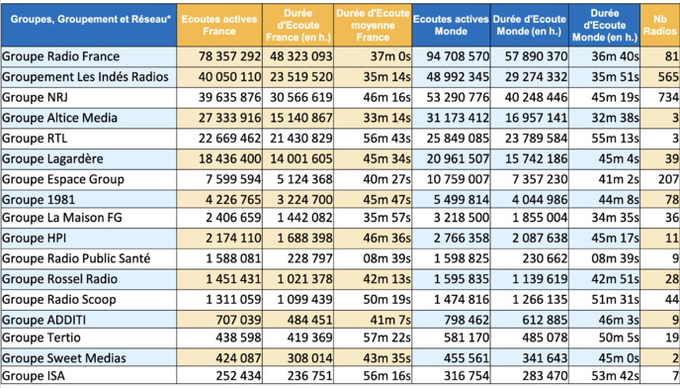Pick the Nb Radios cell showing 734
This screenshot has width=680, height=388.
(x=665, y=97)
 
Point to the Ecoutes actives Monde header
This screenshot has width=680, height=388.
(x=450, y=21)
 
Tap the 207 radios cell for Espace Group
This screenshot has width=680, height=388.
(x=665, y=179)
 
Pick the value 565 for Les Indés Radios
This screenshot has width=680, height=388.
(x=665, y=76)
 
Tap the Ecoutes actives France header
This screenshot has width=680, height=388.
(x=220, y=21)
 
